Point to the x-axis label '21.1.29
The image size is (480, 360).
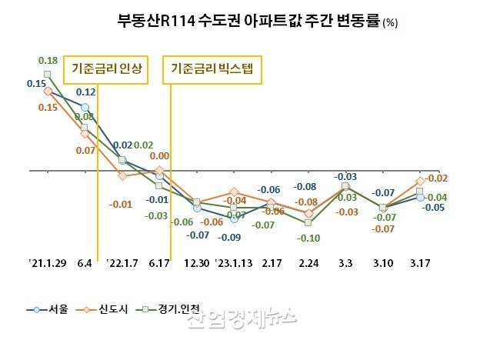[48, 262]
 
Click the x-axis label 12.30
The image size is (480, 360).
[196, 262]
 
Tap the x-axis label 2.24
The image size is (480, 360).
[308, 262]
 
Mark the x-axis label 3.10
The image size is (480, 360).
[382, 262]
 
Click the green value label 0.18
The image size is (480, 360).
[48, 60]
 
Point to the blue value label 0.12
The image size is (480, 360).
[85, 92]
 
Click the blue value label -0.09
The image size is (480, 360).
[233, 236]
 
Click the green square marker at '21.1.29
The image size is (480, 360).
[48, 75]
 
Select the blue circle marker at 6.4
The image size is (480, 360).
[85, 108]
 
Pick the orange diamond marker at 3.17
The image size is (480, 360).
[420, 181]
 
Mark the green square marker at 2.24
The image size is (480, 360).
[308, 223]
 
